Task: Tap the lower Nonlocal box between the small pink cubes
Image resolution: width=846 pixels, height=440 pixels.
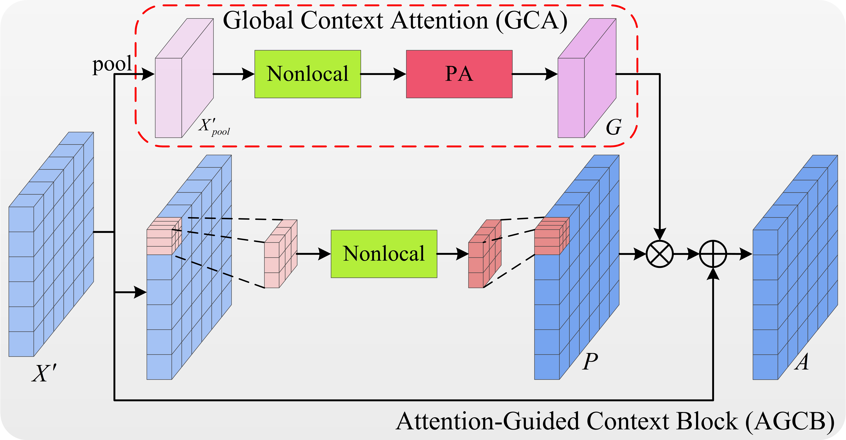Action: point(384,254)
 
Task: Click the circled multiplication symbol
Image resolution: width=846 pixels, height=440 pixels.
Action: point(659,254)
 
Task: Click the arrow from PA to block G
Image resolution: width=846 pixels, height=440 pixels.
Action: point(535,74)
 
